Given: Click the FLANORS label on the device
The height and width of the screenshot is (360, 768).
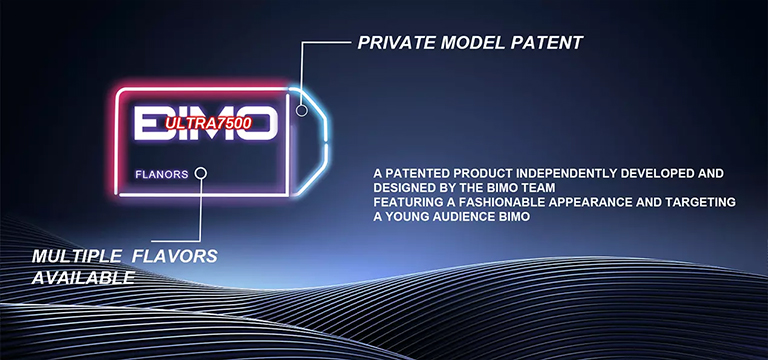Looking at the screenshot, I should pos(161,174).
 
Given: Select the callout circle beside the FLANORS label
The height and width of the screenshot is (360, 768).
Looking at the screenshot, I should pos(201,173).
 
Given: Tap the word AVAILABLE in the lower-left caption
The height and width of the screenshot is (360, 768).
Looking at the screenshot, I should pos(82,277).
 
